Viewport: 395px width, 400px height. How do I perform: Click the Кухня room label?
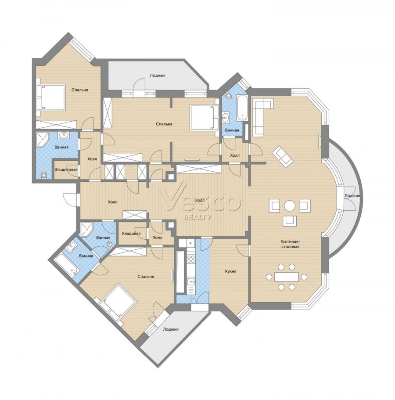pyautogui.click(x=230, y=271)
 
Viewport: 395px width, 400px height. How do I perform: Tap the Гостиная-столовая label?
pyautogui.click(x=290, y=244)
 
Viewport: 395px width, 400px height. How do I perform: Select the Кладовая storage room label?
pyautogui.click(x=131, y=234)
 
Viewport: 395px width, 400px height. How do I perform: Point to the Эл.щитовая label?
pyautogui.click(x=66, y=169)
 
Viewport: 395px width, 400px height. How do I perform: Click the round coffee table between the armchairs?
pyautogui.click(x=289, y=205)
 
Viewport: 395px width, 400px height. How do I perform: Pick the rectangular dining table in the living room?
pyautogui.click(x=287, y=277)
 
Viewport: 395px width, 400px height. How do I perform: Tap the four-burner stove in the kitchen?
pyautogui.click(x=191, y=259)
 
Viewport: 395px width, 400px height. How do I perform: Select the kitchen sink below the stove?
pyautogui.click(x=190, y=282)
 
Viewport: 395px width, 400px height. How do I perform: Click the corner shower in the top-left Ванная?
pyautogui.click(x=42, y=140)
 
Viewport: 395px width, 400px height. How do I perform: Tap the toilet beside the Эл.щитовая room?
pyautogui.click(x=44, y=175)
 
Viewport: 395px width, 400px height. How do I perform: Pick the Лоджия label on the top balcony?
pyautogui.click(x=158, y=76)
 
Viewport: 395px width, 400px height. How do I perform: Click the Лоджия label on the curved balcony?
pyautogui.click(x=352, y=196)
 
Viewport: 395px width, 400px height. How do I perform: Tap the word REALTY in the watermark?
pyautogui.click(x=198, y=217)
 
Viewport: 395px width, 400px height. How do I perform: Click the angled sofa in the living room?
pyautogui.click(x=283, y=156)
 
